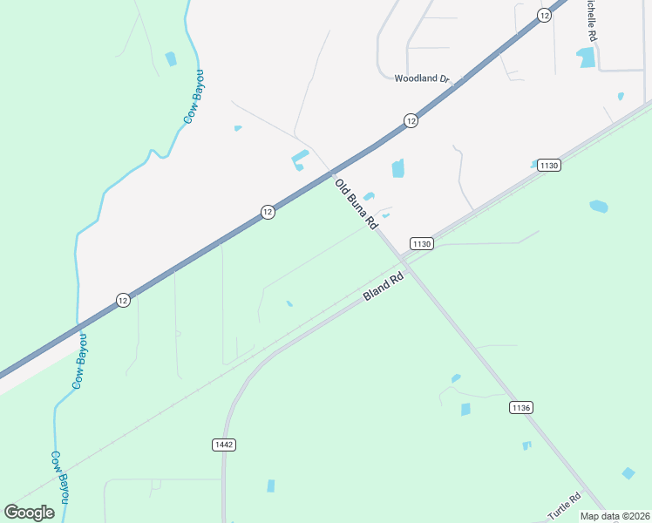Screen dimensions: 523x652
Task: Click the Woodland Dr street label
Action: (421, 78)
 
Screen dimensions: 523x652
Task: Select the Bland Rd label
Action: (384, 287)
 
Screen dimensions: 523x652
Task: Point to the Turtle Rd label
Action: (564, 509)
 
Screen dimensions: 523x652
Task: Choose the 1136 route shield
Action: (521, 407)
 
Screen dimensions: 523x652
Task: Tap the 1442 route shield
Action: (223, 445)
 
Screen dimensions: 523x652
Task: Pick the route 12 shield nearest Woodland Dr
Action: (411, 120)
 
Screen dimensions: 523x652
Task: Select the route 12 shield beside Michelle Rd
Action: (545, 15)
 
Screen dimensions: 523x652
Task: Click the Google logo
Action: (30, 513)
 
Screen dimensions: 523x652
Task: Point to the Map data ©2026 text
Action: (615, 516)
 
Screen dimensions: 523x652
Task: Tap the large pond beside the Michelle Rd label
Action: (586, 58)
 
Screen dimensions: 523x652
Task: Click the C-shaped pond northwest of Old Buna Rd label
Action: (299, 160)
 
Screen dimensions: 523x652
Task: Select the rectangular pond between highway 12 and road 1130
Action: (398, 168)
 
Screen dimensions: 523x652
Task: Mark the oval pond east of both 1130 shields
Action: (598, 207)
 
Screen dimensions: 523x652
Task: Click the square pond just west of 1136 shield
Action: (465, 409)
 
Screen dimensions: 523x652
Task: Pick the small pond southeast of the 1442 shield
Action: (271, 486)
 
